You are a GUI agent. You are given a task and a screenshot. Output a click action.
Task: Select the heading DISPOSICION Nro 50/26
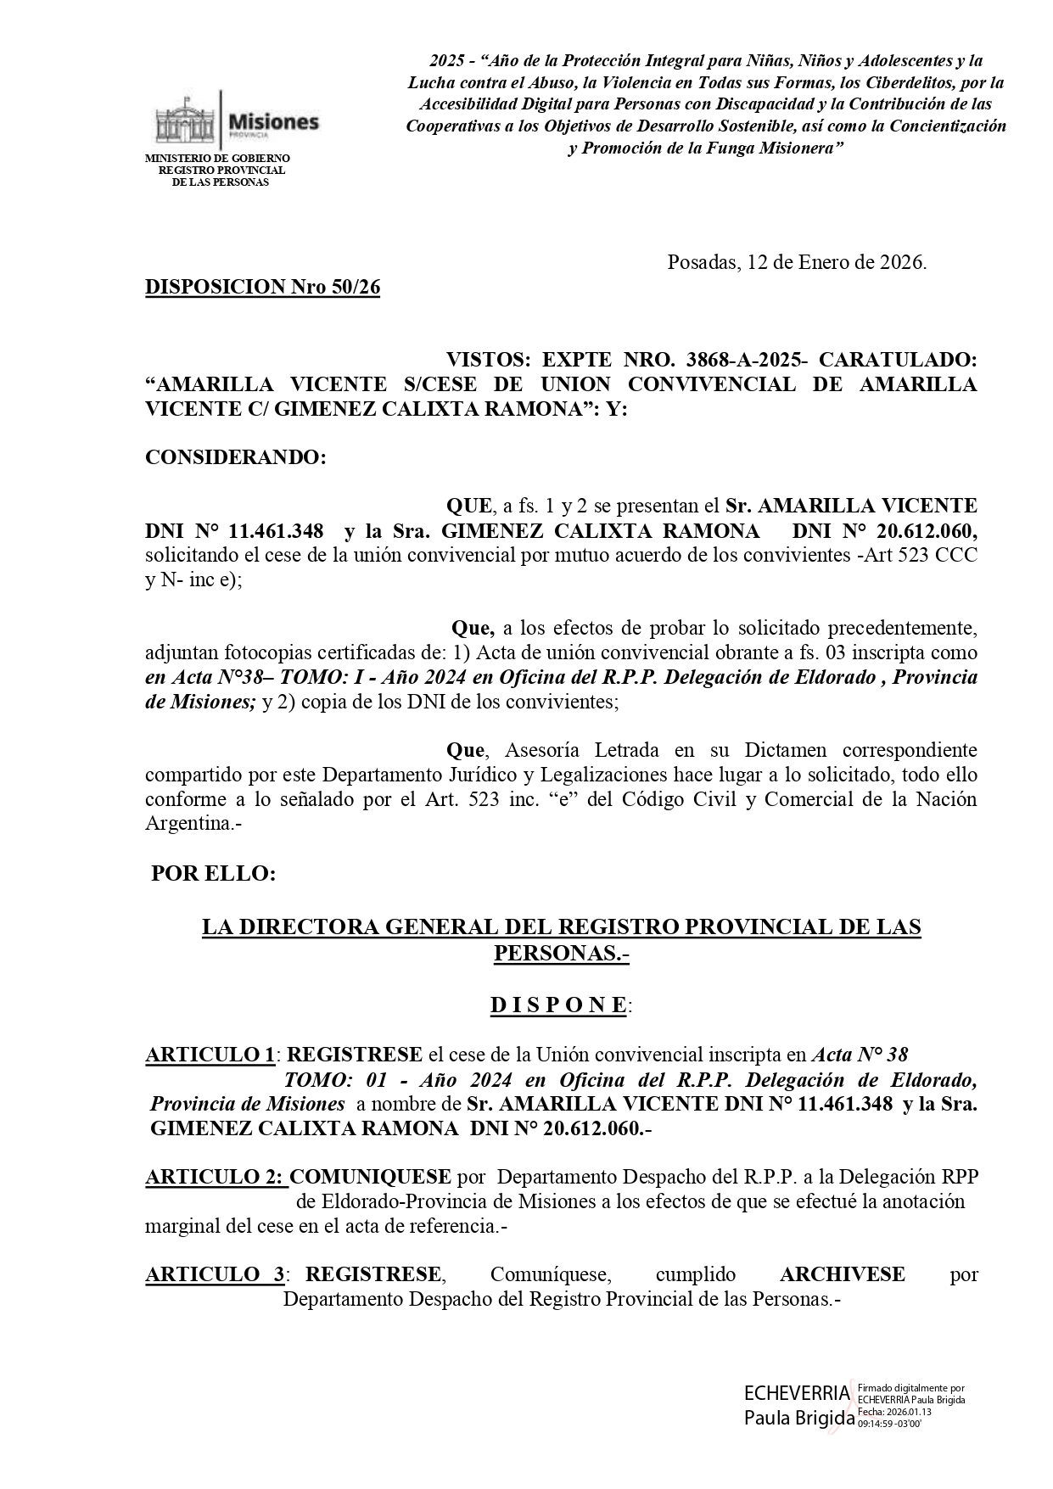(x=262, y=287)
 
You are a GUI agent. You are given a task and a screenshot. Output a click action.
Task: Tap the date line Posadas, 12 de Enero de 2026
(x=797, y=262)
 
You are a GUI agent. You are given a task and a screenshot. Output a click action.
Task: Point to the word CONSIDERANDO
(x=235, y=457)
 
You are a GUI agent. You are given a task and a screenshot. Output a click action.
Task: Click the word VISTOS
(x=487, y=360)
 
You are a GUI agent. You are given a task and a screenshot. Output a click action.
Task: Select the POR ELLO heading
(x=213, y=874)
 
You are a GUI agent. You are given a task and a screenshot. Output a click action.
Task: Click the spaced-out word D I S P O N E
(x=559, y=1005)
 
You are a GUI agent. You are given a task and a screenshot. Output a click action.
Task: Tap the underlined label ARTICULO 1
(x=210, y=1055)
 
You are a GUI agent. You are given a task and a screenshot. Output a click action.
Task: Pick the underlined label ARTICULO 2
(x=216, y=1177)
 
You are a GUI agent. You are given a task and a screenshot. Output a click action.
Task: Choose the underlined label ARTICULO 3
(x=216, y=1274)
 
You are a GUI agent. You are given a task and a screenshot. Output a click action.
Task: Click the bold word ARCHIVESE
(x=842, y=1274)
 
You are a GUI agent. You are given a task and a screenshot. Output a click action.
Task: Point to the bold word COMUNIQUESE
(x=370, y=1177)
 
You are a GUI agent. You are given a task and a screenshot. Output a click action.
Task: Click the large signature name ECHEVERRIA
(x=796, y=1392)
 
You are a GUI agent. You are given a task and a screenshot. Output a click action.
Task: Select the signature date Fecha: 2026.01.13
(x=894, y=1412)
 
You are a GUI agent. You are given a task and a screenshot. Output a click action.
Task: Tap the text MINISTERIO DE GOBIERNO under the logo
(x=218, y=159)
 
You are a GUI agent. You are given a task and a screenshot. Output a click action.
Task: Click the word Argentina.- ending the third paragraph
(x=193, y=824)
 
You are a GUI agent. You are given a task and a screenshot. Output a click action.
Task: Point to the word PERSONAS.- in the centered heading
(x=561, y=953)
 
